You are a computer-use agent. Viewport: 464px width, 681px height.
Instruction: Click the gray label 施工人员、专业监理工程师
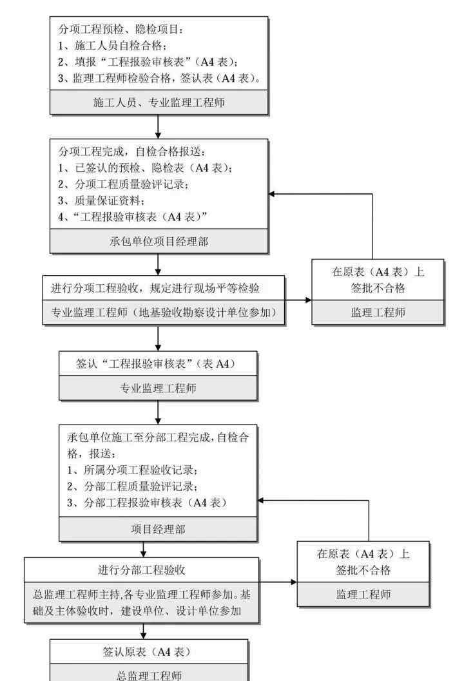pyautogui.click(x=159, y=102)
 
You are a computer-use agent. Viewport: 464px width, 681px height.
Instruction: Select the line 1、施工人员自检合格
pyautogui.click(x=113, y=46)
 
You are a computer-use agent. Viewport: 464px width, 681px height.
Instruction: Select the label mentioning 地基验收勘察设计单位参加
pyautogui.click(x=165, y=312)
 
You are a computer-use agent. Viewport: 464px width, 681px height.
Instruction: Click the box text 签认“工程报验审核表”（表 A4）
pyautogui.click(x=157, y=364)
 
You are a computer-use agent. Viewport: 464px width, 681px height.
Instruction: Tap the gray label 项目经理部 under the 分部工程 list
pyautogui.click(x=159, y=529)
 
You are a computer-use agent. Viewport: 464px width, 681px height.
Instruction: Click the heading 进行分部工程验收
pyautogui.click(x=142, y=570)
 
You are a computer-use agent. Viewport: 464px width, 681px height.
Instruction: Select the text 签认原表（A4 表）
pyautogui.click(x=148, y=651)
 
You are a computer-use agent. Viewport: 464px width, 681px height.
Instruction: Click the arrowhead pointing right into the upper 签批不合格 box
pyautogui.click(x=308, y=300)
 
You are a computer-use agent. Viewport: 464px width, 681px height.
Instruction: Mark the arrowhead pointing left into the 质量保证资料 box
pyautogui.click(x=272, y=194)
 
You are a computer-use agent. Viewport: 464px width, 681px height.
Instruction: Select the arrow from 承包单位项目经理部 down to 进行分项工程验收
pyautogui.click(x=159, y=265)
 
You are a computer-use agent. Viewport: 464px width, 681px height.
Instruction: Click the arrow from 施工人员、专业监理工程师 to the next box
pyautogui.click(x=159, y=128)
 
